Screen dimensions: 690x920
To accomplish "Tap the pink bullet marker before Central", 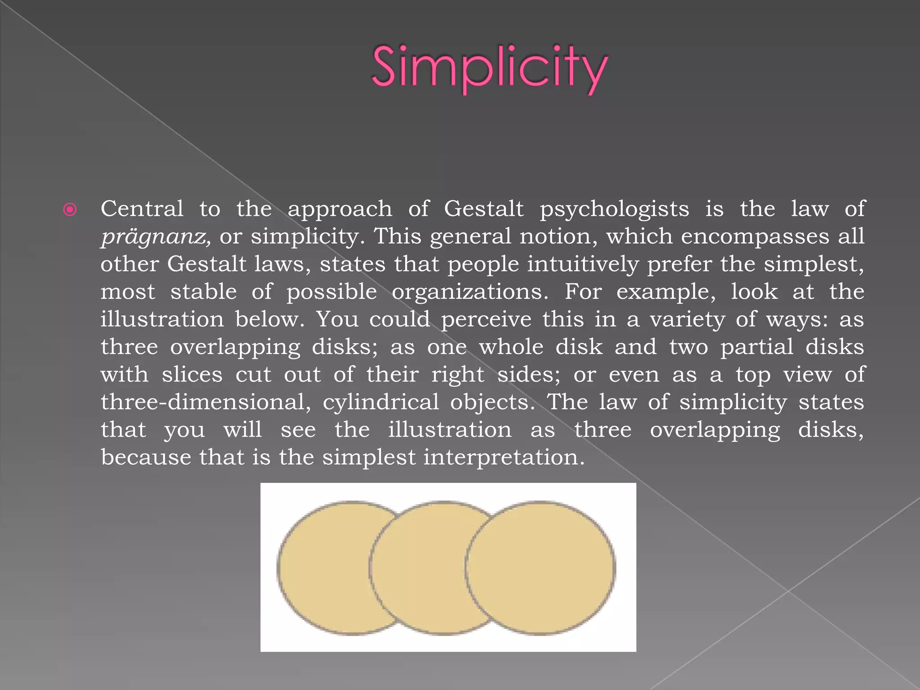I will point(70,209).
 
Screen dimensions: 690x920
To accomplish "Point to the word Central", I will point(142,209).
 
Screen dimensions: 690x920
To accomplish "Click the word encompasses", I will point(755,237).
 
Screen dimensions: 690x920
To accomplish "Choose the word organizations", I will point(470,292).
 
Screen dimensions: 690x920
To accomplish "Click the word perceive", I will point(486,320).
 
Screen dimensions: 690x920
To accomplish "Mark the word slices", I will point(192,375).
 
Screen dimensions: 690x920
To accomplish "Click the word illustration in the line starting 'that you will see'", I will point(450,430).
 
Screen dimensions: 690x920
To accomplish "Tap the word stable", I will point(203,292).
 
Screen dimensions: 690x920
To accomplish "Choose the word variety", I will point(687,320).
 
